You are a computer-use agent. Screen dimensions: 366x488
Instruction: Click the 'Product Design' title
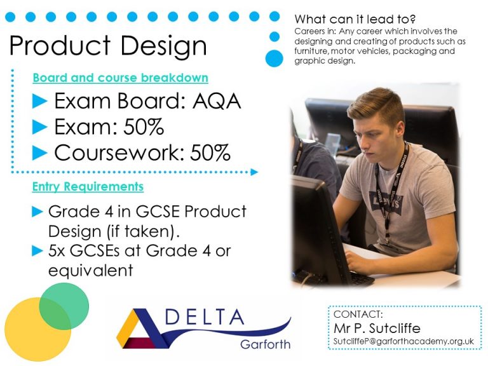pyautogui.click(x=108, y=46)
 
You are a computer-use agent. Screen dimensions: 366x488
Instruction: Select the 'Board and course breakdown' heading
pyautogui.click(x=120, y=78)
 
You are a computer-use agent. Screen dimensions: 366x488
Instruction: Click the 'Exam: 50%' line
pyautogui.click(x=109, y=127)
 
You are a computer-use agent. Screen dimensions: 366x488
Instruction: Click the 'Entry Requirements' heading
pyautogui.click(x=88, y=187)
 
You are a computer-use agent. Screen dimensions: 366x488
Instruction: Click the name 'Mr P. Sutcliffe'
pyautogui.click(x=377, y=328)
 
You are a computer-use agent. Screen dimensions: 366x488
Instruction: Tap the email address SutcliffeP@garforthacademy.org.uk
pyautogui.click(x=404, y=342)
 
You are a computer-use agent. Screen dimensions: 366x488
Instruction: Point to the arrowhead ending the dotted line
pyautogui.click(x=254, y=172)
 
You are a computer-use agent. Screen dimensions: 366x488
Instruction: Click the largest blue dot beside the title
pyautogui.click(x=274, y=58)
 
